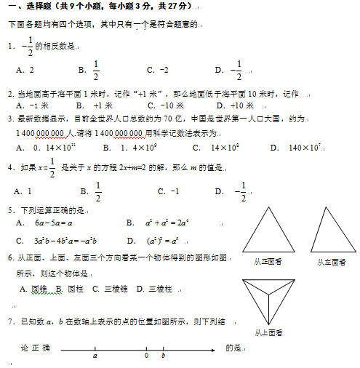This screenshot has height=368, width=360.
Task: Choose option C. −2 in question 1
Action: point(157,70)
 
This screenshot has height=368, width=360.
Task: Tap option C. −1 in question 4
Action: point(168,191)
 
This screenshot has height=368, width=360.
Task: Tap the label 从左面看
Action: point(331,262)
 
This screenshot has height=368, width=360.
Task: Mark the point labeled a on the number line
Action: point(95,356)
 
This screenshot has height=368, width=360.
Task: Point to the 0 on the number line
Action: point(146,356)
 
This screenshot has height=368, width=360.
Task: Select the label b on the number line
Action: point(163,356)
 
